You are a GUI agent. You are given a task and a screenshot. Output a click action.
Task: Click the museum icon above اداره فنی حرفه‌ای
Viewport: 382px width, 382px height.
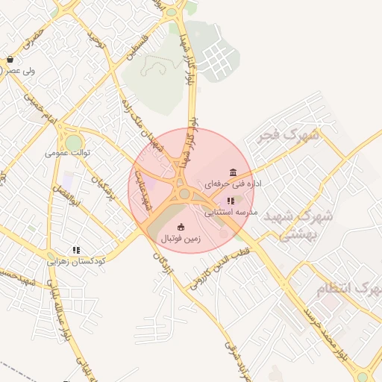(234, 172)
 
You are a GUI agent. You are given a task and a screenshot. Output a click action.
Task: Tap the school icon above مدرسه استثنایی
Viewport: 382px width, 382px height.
(231, 201)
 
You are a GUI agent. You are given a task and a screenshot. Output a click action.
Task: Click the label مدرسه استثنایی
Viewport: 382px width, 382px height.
(231, 212)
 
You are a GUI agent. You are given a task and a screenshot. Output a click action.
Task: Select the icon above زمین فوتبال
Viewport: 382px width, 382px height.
(181, 227)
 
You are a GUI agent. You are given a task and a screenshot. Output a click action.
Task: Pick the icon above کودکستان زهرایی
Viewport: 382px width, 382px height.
(76, 250)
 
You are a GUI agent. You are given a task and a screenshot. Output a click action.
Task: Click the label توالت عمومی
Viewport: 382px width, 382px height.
(67, 152)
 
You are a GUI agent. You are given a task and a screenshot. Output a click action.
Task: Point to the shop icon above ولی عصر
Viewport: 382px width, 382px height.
(10, 59)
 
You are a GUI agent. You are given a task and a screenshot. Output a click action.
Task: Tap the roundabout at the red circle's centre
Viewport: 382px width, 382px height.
(184, 194)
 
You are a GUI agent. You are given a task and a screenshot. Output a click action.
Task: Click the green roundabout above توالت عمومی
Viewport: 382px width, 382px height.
(73, 142)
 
